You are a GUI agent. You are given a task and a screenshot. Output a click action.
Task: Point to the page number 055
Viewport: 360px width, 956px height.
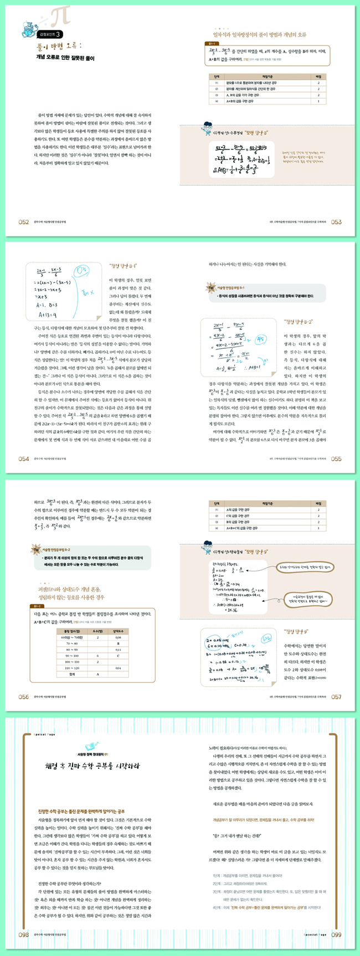pos(336,458)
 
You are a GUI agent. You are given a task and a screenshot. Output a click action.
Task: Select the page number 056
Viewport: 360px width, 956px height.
pos(23,697)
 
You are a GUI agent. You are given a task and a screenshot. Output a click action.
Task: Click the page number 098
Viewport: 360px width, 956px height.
pos(23,934)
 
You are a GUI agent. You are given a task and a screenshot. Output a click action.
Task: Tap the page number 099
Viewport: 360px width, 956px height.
pos(336,934)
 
